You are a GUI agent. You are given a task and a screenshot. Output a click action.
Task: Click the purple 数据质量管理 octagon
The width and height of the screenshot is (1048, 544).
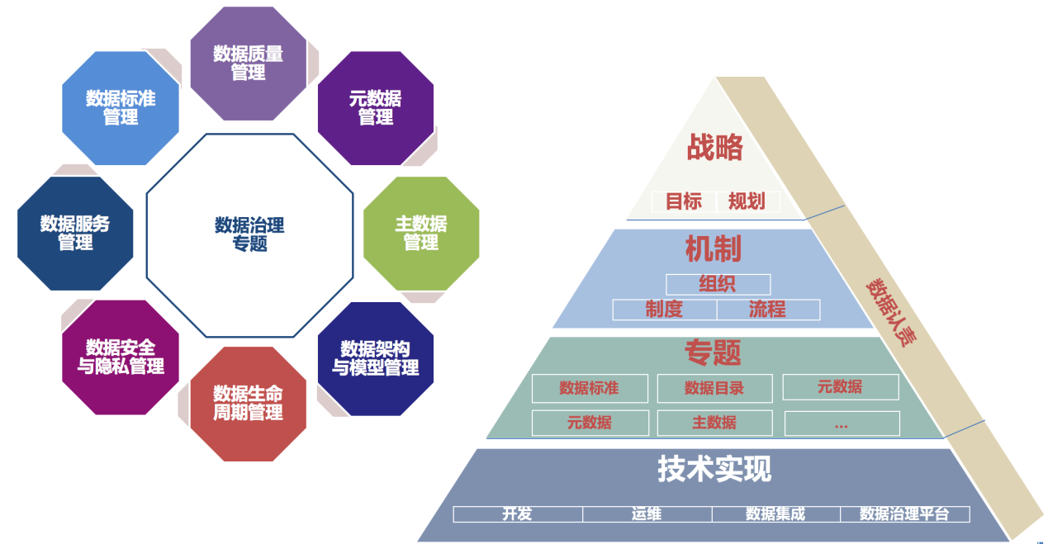tap(248, 64)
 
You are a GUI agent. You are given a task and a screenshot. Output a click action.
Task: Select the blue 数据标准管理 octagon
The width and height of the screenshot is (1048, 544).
tap(121, 108)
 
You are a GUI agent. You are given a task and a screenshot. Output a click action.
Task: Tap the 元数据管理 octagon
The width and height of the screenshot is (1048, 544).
tap(375, 108)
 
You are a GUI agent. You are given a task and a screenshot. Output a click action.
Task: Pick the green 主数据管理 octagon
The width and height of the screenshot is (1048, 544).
tap(420, 233)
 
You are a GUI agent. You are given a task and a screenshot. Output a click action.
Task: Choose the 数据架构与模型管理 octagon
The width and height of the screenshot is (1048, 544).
tap(375, 358)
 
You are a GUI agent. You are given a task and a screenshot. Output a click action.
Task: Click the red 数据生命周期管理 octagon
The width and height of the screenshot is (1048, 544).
tap(248, 403)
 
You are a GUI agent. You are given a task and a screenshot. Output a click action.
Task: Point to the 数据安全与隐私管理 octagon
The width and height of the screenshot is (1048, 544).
tap(121, 357)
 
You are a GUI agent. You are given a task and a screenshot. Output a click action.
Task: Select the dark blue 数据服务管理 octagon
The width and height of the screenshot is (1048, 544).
tap(75, 233)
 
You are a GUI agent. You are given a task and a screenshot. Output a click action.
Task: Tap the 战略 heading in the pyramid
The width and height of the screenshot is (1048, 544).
tap(714, 148)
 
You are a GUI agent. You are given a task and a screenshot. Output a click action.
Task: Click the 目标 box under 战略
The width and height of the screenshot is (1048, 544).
tap(683, 201)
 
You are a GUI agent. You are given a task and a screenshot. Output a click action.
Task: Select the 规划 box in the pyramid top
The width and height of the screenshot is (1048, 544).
tap(747, 201)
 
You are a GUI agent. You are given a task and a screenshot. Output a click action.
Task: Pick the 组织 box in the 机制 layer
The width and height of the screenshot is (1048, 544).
tap(718, 285)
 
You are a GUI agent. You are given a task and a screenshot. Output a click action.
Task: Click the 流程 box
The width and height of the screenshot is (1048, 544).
tap(768, 310)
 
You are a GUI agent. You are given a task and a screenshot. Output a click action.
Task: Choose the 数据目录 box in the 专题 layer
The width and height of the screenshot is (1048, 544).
tap(714, 388)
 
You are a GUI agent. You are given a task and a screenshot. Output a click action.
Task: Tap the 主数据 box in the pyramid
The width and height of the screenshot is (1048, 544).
tap(714, 423)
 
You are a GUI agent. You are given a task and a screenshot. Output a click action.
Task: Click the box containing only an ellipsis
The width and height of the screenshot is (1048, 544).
tap(841, 423)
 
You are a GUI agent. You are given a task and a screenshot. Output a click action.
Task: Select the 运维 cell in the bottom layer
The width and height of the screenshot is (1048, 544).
tap(647, 514)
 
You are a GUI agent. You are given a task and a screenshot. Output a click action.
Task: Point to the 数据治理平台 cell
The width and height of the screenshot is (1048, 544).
tap(904, 514)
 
